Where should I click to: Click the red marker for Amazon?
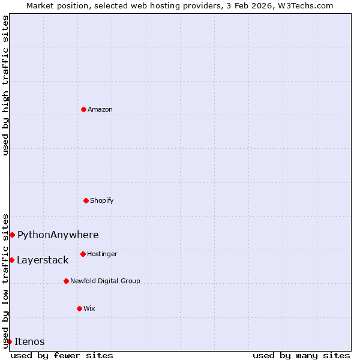pyautogui.click(x=83, y=109)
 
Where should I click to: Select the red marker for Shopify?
pyautogui.click(x=86, y=200)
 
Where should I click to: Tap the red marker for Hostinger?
pyautogui.click(x=83, y=254)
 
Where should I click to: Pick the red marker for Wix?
pyautogui.click(x=79, y=308)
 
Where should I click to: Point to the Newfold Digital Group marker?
pyautogui.click(x=66, y=281)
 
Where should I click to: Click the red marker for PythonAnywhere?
pyautogui.click(x=12, y=235)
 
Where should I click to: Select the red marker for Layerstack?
pyautogui.click(x=11, y=260)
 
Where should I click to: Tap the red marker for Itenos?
pyautogui.click(x=9, y=341)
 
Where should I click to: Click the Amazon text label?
pyautogui.click(x=100, y=109)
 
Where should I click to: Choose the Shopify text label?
pyautogui.click(x=102, y=200)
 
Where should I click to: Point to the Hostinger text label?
pyautogui.click(x=102, y=254)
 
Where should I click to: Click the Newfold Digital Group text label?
pyautogui.click(x=105, y=281)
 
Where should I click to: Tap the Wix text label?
pyautogui.click(x=89, y=308)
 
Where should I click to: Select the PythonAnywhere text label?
pyautogui.click(x=58, y=235)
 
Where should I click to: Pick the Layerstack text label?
pyautogui.click(x=43, y=260)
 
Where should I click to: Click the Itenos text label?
pyautogui.click(x=29, y=341)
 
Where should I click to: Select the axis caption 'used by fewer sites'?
pyautogui.click(x=62, y=355)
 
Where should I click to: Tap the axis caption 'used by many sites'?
pyautogui.click(x=301, y=355)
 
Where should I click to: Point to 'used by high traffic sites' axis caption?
pyautogui.click(x=5, y=85)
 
